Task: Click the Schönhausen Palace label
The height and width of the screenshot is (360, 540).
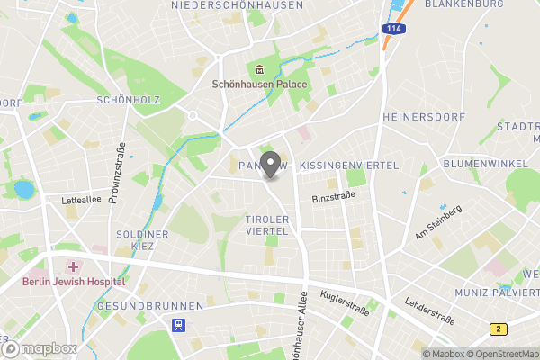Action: pyautogui.click(x=259, y=85)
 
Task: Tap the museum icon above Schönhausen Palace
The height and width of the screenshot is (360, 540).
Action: pyautogui.click(x=259, y=71)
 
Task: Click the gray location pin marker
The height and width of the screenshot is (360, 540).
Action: pyautogui.click(x=269, y=166)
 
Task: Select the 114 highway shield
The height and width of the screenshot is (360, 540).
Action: pyautogui.click(x=391, y=30)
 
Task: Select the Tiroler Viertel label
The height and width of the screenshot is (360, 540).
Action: pyautogui.click(x=266, y=225)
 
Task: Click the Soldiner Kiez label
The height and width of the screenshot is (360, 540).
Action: pyautogui.click(x=142, y=240)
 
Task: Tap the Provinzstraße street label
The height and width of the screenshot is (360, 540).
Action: pyautogui.click(x=116, y=173)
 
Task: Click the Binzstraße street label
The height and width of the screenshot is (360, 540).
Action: pyautogui.click(x=329, y=197)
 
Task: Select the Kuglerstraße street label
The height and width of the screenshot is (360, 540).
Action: pyautogui.click(x=338, y=302)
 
